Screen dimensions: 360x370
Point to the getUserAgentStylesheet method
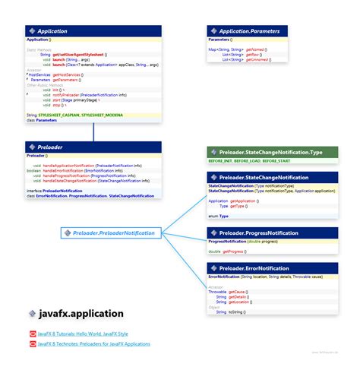pyautogui.click(x=80, y=55)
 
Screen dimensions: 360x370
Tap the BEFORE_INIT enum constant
pyautogui.click(x=224, y=162)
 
